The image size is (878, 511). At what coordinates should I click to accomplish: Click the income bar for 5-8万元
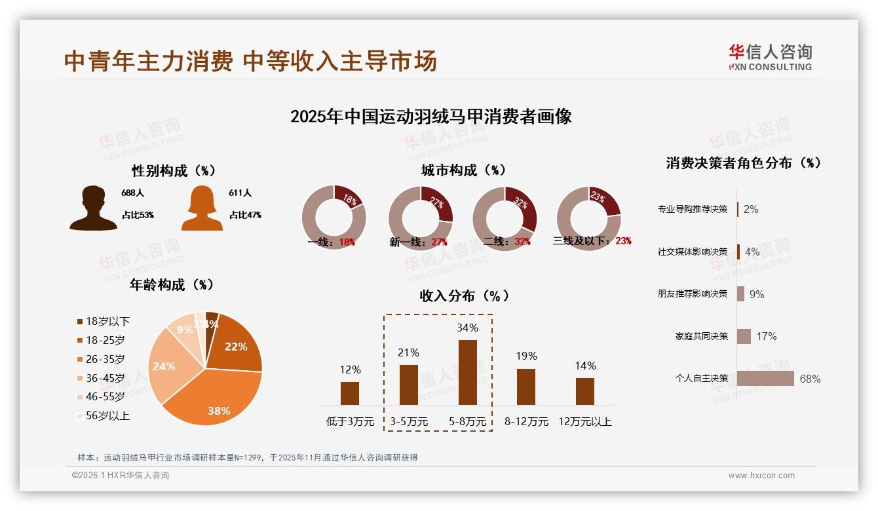467,372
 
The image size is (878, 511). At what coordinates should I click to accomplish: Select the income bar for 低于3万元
350,393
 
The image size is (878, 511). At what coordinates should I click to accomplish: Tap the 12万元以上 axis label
584,422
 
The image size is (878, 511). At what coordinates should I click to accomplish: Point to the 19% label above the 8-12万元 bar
525,356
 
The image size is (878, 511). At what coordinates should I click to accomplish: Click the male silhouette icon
94,208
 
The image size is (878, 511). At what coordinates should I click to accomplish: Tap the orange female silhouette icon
202,208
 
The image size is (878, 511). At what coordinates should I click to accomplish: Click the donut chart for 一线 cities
334,218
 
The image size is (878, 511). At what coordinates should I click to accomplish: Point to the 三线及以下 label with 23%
592,241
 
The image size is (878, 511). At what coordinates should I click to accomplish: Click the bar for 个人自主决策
765,379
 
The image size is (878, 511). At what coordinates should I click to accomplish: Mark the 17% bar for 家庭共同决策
744,336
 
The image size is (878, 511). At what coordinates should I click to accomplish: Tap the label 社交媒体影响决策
693,252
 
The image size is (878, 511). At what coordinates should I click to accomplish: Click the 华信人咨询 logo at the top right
770,58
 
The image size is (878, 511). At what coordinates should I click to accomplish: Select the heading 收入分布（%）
464,295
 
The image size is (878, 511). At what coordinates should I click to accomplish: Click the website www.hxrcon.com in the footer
761,476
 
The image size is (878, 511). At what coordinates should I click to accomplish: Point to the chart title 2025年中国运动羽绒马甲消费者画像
430,117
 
